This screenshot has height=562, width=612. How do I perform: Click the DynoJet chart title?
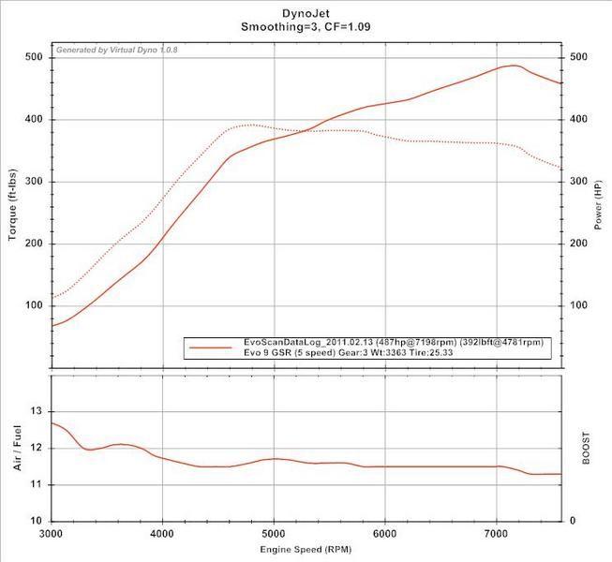(306, 14)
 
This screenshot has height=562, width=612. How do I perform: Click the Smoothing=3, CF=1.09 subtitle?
(306, 28)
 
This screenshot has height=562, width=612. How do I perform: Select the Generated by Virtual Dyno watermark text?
(118, 50)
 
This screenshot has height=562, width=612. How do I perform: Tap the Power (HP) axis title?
(597, 206)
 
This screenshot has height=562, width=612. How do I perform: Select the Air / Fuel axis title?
(17, 447)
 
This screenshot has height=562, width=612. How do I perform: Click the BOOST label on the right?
(586, 447)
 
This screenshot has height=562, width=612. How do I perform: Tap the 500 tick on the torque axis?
(35, 57)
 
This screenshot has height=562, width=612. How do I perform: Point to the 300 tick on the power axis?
(580, 182)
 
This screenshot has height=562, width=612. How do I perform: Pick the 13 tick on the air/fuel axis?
(37, 411)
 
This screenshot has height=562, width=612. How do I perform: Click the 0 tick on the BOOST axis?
(573, 521)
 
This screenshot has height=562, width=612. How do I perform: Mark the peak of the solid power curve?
(513, 66)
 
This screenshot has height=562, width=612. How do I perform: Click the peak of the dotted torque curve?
(247, 125)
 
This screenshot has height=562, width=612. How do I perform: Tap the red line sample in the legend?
(212, 347)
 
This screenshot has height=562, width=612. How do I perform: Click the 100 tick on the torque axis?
(35, 305)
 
